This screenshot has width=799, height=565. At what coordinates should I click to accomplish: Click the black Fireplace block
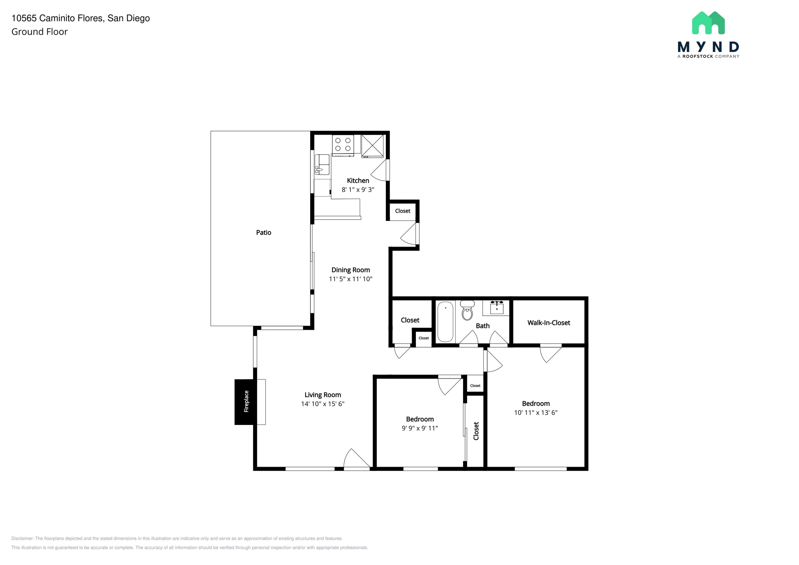[245, 402]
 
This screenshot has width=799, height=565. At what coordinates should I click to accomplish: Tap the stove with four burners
[343, 145]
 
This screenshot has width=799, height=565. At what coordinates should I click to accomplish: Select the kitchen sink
[322, 164]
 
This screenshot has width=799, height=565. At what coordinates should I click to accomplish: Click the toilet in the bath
[467, 311]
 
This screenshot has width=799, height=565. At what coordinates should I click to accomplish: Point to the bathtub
[445, 322]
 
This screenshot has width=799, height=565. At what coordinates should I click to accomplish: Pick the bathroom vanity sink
[496, 307]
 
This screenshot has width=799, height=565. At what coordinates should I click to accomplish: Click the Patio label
[263, 233]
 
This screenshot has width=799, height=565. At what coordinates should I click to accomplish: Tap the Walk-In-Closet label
[549, 323]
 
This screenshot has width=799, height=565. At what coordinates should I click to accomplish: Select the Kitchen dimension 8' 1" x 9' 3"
[358, 190]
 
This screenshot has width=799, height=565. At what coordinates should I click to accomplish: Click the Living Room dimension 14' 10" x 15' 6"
[323, 404]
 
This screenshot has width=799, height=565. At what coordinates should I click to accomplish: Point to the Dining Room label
[350, 270]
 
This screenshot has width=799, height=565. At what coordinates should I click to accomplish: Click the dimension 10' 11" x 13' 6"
[536, 413]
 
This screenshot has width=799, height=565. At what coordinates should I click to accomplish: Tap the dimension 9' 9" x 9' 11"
[420, 428]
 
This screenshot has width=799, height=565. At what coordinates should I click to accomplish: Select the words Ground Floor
[39, 32]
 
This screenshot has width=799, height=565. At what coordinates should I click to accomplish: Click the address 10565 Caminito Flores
[58, 18]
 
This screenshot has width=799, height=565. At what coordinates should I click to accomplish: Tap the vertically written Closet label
[476, 431]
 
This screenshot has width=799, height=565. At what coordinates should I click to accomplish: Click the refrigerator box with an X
[373, 146]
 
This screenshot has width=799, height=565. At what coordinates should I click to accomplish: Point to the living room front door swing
[356, 459]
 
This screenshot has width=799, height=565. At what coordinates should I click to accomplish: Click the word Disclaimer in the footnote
[22, 538]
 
